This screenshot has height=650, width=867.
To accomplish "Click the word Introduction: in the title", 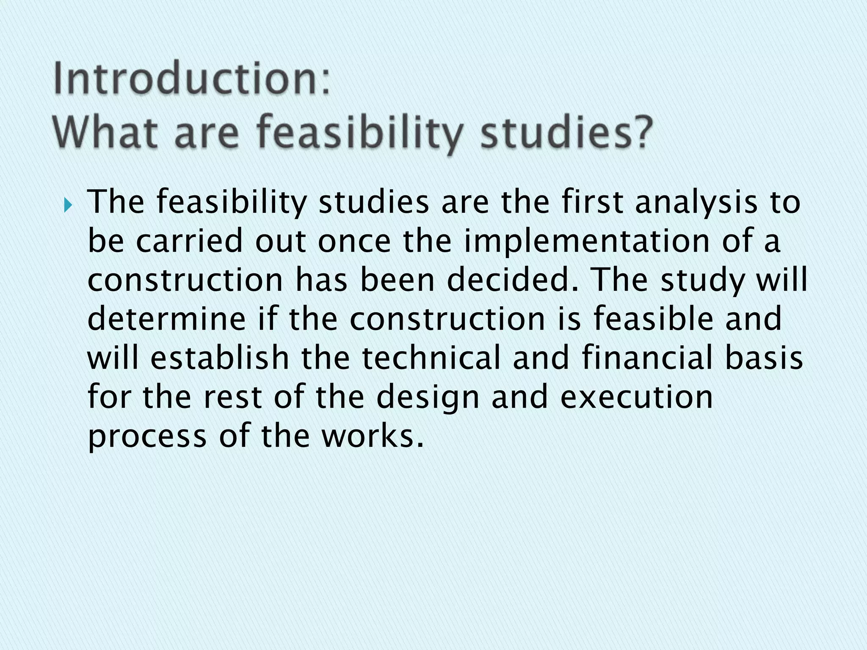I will [191, 79].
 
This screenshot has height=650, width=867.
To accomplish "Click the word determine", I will [166, 319].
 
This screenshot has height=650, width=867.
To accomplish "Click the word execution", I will [637, 397].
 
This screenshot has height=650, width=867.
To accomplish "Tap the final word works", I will [372, 436].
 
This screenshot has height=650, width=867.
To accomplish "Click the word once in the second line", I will [354, 241].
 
